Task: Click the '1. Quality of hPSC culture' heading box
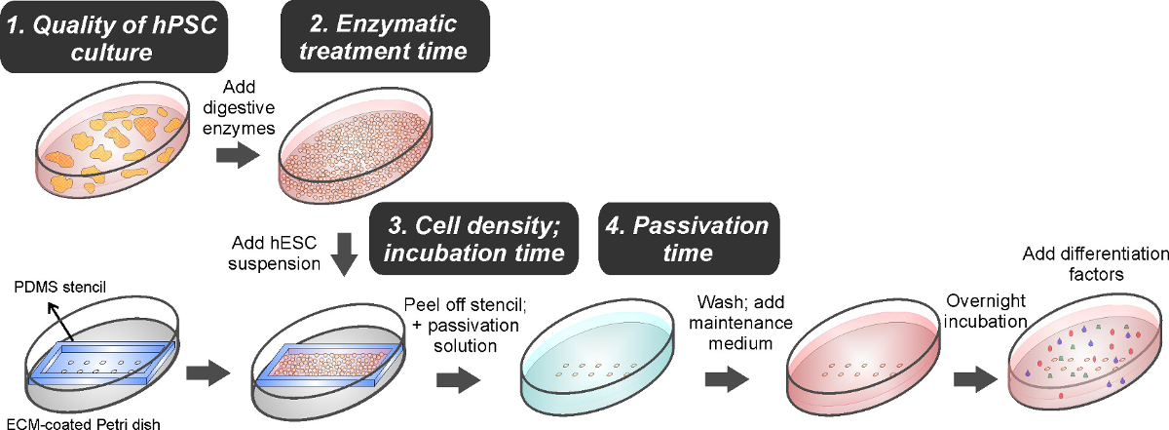[x=114, y=38]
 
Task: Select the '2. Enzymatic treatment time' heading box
[x=385, y=37]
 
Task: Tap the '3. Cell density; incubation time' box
[x=473, y=239]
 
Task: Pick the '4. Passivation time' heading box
[x=689, y=239]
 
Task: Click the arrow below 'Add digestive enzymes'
[x=238, y=155]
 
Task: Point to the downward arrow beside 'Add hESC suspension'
[x=345, y=254]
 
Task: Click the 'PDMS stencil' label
[x=59, y=287]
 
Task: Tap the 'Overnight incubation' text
[x=986, y=311]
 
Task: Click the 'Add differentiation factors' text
[x=1095, y=264]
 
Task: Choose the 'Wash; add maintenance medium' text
[x=740, y=323]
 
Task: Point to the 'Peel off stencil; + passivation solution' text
[x=466, y=325]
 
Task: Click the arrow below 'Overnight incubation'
[x=975, y=379]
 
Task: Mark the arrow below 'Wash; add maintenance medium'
[x=727, y=379]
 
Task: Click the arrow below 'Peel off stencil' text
[x=458, y=380]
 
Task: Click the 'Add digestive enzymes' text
[x=239, y=107]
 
